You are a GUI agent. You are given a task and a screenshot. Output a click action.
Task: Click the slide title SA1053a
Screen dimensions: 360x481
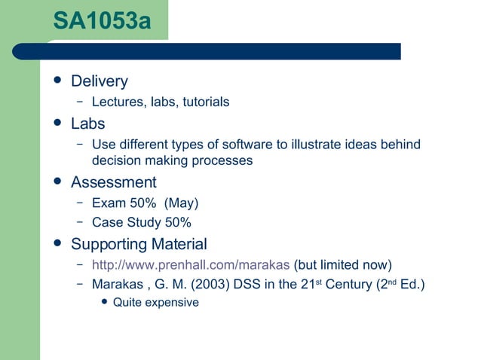pyautogui.click(x=102, y=20)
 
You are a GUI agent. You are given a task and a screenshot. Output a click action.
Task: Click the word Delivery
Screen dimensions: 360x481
pyautogui.click(x=100, y=81)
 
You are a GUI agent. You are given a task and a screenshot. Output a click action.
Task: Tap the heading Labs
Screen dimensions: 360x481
pyautogui.click(x=87, y=123)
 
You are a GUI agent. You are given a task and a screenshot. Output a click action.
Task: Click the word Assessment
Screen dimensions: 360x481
pyautogui.click(x=113, y=182)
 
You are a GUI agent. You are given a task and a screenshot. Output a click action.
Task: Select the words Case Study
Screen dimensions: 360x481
pyautogui.click(x=127, y=222)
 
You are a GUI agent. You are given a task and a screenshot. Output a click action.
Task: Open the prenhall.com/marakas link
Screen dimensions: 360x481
pyautogui.click(x=190, y=264)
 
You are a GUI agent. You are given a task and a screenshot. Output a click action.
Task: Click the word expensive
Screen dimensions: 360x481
pyautogui.click(x=172, y=303)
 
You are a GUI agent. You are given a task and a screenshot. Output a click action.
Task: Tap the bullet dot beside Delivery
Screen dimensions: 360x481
pyautogui.click(x=57, y=81)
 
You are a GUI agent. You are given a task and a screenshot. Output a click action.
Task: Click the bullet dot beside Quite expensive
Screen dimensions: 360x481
pyautogui.click(x=104, y=302)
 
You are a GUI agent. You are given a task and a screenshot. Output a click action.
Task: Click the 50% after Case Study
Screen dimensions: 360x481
pyautogui.click(x=178, y=222)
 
